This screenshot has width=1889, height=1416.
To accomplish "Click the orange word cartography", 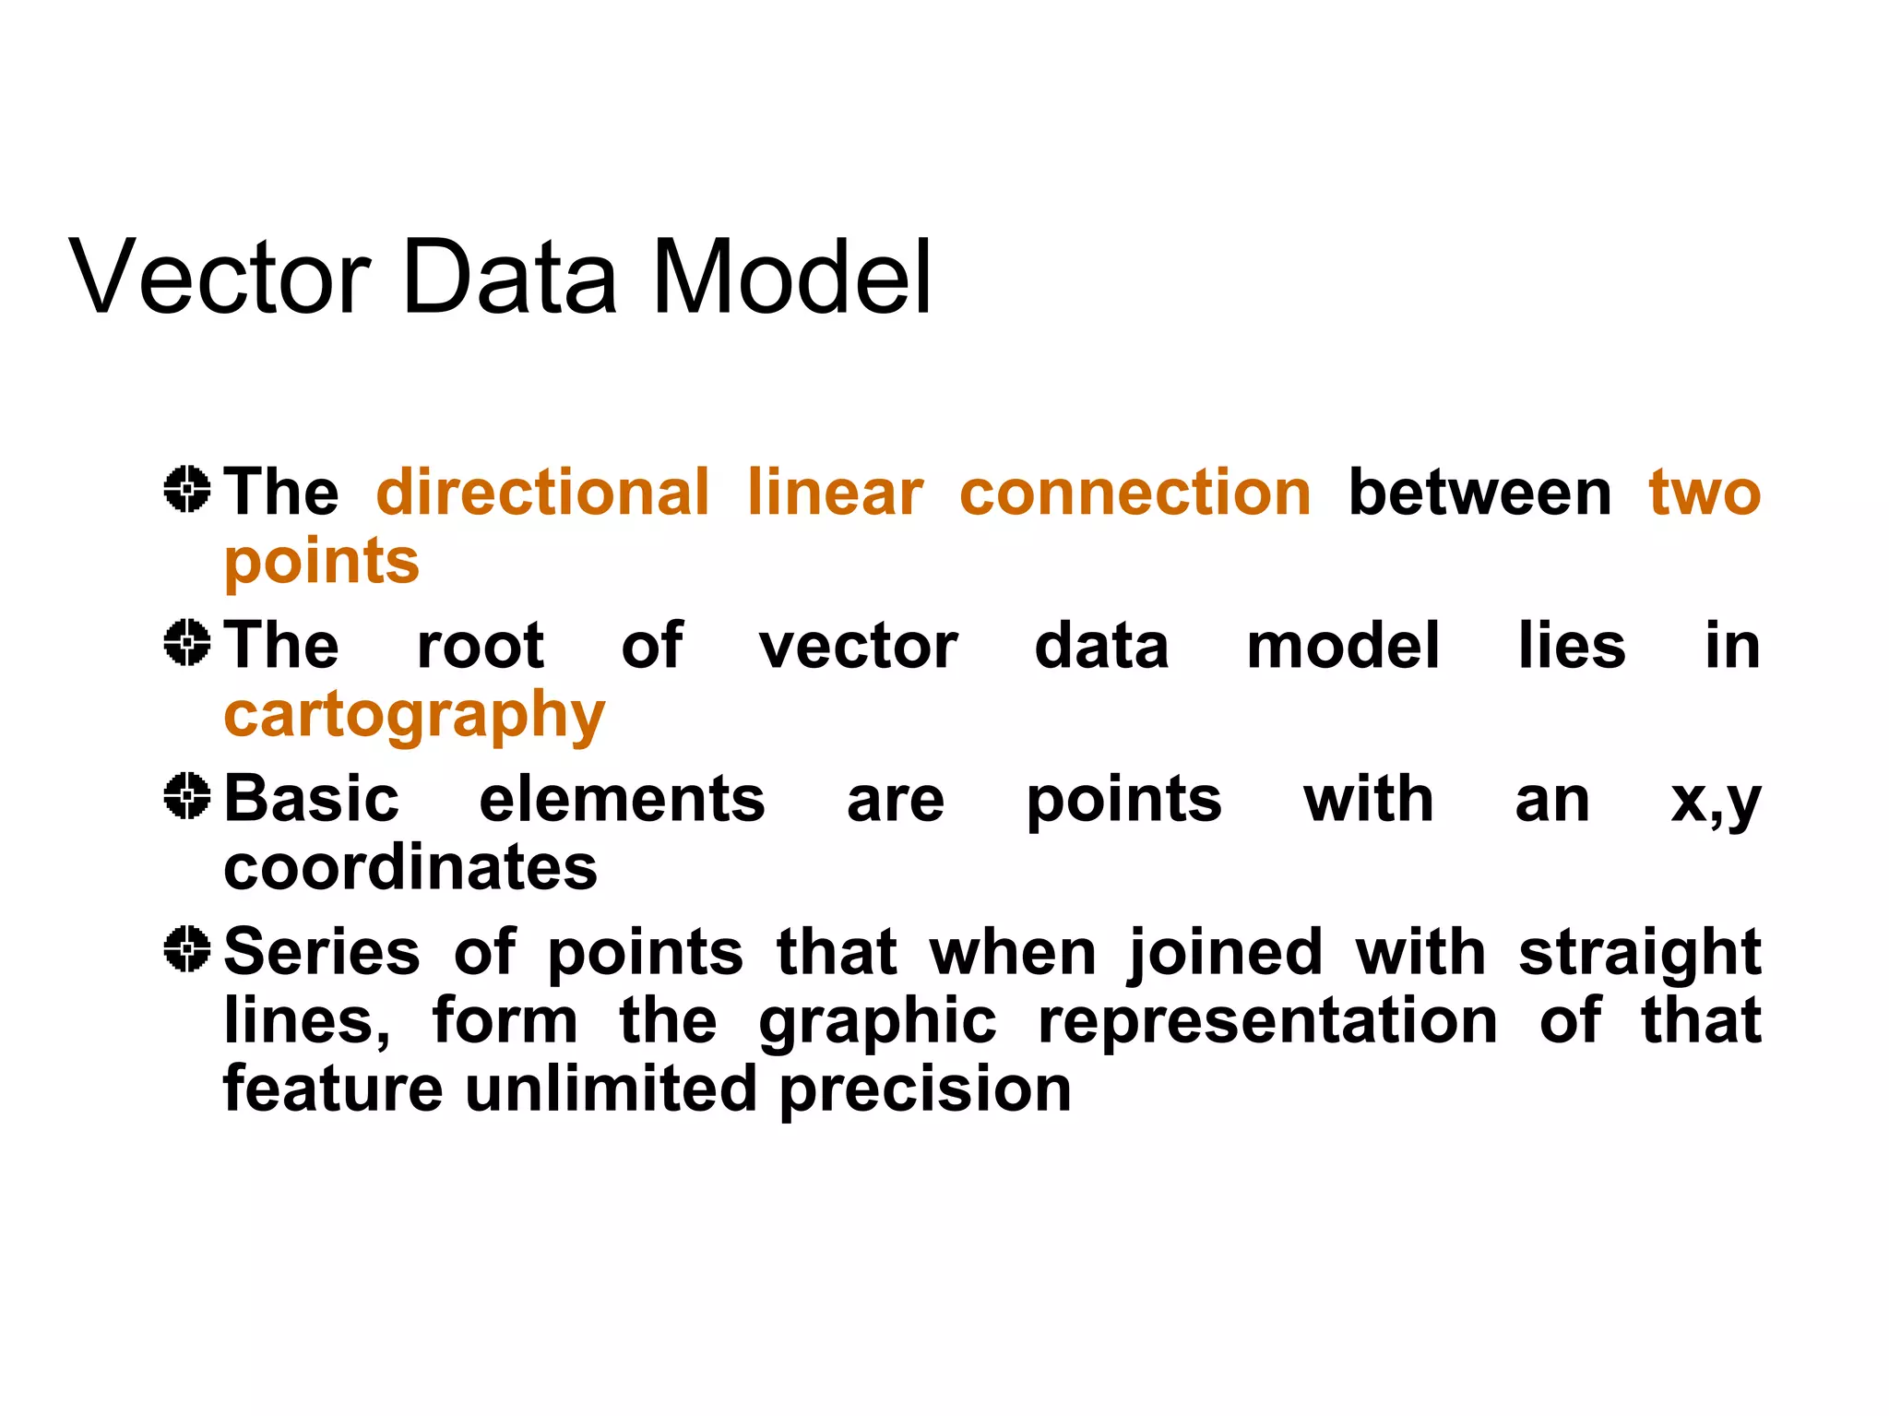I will (x=414, y=717).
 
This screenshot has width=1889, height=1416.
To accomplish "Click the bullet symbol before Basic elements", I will (x=187, y=795).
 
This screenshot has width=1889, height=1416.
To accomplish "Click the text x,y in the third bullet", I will (x=1716, y=801).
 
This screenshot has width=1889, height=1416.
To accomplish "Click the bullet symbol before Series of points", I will (x=187, y=948).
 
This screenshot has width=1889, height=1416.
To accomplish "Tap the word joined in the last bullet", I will (x=1226, y=953).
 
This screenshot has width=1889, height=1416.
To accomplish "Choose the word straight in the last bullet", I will (x=1639, y=953).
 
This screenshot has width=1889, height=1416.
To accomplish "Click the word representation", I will (x=1267, y=1021).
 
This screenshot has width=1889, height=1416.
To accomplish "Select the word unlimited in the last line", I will (x=611, y=1089).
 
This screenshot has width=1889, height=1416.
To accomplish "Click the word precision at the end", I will (x=925, y=1090).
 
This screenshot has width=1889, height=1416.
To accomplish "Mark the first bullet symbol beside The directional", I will (x=187, y=489).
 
